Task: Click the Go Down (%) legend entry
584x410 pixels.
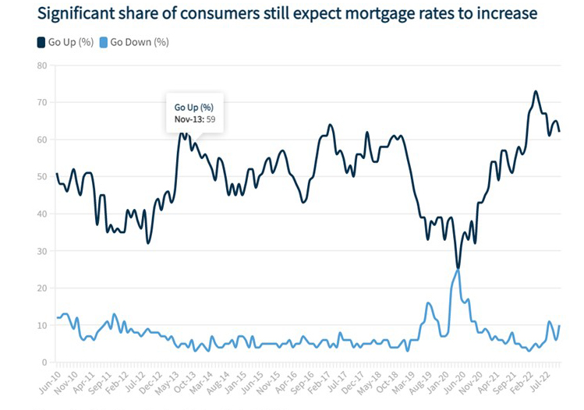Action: point(139,41)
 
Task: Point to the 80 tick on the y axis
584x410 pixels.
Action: point(42,65)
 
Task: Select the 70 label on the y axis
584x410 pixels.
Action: point(42,102)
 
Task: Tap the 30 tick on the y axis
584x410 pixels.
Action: point(42,251)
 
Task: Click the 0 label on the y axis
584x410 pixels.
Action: point(44,362)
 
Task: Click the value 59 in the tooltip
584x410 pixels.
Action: point(210,119)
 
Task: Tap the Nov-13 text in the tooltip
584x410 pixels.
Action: point(188,119)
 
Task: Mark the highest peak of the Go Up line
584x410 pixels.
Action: point(536,91)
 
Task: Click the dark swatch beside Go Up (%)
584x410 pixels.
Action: point(41,41)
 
